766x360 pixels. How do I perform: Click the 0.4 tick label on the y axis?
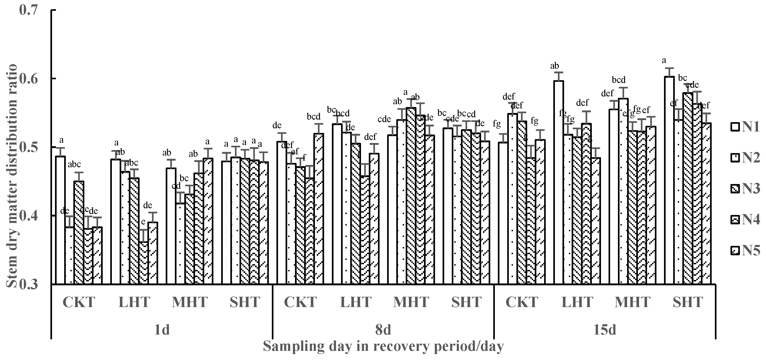click(29, 216)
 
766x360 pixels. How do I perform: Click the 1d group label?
click(162, 330)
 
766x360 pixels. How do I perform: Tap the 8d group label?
click(383, 330)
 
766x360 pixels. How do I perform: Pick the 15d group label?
click(605, 330)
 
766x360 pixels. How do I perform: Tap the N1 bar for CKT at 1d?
click(61, 220)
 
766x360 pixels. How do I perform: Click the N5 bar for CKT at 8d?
click(319, 208)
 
